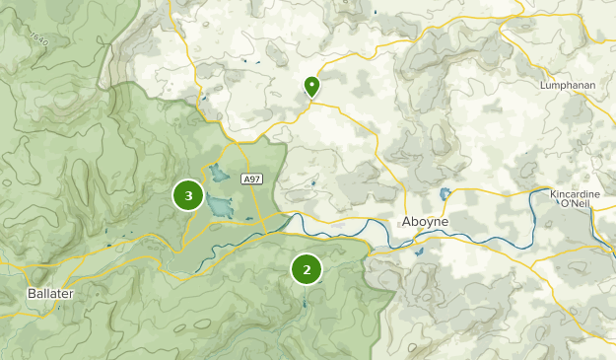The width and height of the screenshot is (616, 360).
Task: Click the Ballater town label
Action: pyautogui.click(x=50, y=294)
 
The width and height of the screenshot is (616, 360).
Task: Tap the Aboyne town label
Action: pyautogui.click(x=426, y=222)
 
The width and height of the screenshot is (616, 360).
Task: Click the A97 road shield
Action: pyautogui.click(x=251, y=179)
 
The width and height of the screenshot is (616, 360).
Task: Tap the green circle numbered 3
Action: pyautogui.click(x=188, y=194)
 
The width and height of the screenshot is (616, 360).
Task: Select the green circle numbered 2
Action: pyautogui.click(x=307, y=268)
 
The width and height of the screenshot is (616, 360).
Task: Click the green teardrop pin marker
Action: pyautogui.click(x=311, y=87)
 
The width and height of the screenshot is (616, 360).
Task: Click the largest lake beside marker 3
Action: pyautogui.click(x=221, y=206)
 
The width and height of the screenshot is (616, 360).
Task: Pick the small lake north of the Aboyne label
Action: pyautogui.click(x=445, y=194)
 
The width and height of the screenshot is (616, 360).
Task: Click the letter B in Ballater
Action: pyautogui.click(x=32, y=294)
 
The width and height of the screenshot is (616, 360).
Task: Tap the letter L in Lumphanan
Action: pyautogui.click(x=543, y=86)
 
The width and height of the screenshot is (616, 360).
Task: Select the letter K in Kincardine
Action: pyautogui.click(x=550, y=195)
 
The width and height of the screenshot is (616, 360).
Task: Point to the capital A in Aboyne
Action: pyautogui.click(x=406, y=222)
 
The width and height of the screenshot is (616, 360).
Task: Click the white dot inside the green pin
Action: pyautogui.click(x=311, y=85)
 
